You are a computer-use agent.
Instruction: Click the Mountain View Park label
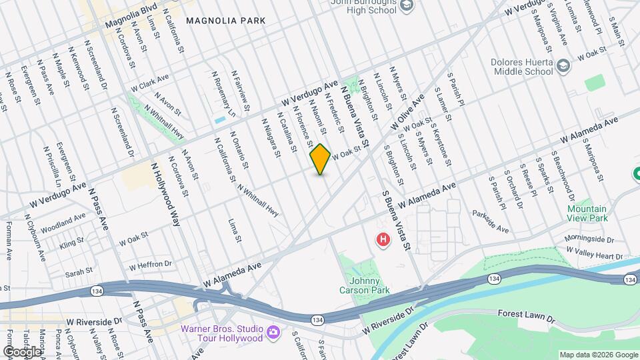point(587,213)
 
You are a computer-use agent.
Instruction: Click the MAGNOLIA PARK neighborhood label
point(225,21)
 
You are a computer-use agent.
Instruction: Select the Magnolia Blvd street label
point(130,15)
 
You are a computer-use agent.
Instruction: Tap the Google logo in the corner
point(22,351)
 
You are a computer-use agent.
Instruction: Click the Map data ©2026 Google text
point(598,355)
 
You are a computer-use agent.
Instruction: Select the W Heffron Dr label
point(151,265)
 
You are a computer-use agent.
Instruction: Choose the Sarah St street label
point(78,273)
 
